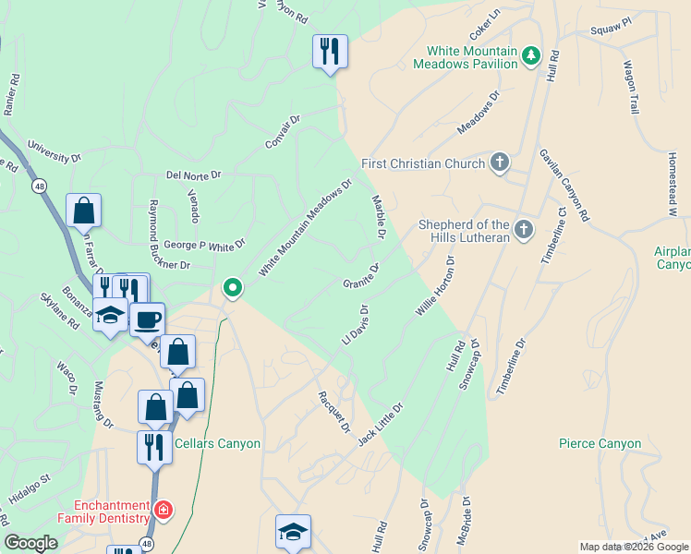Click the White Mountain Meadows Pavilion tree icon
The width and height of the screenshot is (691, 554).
pos(531,56)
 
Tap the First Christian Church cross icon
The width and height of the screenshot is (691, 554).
pos(499,163)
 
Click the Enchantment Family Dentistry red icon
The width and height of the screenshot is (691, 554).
pos(164,509)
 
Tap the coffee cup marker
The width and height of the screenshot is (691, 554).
pos(147,319)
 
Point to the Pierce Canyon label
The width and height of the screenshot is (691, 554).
pos(600,444)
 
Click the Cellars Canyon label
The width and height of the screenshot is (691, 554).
pos(221,444)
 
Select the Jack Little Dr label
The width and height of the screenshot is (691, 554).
pos(381,424)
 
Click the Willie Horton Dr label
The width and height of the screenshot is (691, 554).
pos(436,287)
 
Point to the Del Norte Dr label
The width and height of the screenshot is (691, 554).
pos(194,175)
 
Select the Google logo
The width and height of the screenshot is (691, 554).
pos(30,543)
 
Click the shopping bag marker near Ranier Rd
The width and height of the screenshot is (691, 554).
pos(83,211)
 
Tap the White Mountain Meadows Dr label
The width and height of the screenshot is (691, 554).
pos(306,227)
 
